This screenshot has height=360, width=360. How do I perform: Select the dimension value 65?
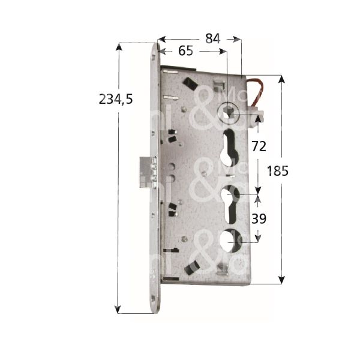(186, 52)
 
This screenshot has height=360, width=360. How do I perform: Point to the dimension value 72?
(259, 146)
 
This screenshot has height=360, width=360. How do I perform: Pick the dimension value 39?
(259, 219)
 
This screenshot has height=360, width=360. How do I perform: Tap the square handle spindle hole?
(228, 110)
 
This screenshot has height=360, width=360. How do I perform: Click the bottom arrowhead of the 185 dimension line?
(281, 280)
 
